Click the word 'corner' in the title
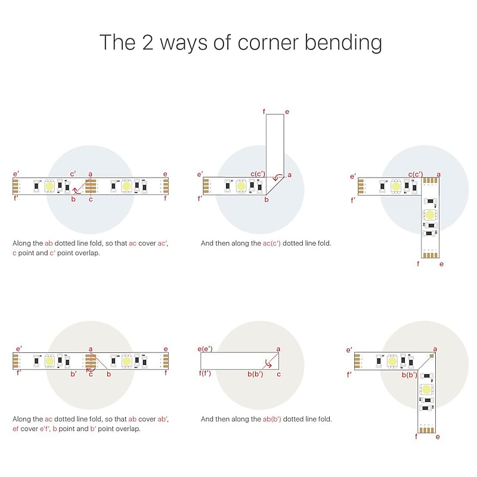tap(268, 42)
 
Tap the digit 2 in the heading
tap(147, 42)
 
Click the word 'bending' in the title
tap(343, 43)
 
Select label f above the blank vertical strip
tap(264, 111)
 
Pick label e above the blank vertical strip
tap(287, 112)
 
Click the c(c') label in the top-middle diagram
tap(258, 174)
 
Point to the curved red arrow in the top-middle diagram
tap(278, 177)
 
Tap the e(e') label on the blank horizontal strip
tap(205, 349)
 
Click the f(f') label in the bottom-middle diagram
tap(205, 373)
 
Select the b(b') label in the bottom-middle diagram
tap(255, 374)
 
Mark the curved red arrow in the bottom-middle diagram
tap(268, 364)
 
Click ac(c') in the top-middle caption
tap(272, 243)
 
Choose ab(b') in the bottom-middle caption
tap(272, 419)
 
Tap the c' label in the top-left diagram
tap(73, 174)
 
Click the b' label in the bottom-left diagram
tap(73, 374)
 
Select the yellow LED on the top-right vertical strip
tap(430, 215)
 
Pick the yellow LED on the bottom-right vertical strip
tap(426, 389)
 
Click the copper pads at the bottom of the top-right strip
tap(430, 255)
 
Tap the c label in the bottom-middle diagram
tap(278, 374)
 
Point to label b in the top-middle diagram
tap(267, 200)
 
